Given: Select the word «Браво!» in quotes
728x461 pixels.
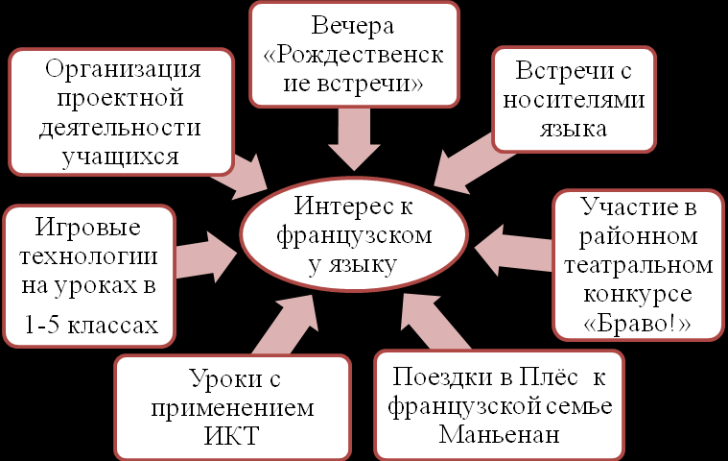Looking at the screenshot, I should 638,323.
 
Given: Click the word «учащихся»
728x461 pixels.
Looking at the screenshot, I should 124,156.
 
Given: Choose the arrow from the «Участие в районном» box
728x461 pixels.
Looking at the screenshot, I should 516,252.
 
